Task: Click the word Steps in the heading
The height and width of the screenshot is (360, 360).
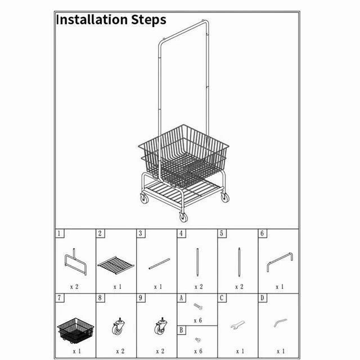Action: (x=148, y=19)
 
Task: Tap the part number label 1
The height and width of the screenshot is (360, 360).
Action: (x=59, y=233)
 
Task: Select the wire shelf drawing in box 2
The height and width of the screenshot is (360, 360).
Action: (x=116, y=265)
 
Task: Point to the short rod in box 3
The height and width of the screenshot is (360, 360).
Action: (x=159, y=264)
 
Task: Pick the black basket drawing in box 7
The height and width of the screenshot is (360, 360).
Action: (x=75, y=330)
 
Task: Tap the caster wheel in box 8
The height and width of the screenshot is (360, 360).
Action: (x=118, y=326)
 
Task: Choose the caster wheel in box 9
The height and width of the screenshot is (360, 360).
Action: (x=160, y=326)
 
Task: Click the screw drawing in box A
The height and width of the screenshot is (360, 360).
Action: (x=198, y=307)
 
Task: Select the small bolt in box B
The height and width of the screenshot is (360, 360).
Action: (x=197, y=340)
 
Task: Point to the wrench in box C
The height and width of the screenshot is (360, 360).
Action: (x=237, y=325)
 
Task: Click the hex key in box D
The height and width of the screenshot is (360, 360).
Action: (x=280, y=322)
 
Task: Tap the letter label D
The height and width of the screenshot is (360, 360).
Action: (x=263, y=298)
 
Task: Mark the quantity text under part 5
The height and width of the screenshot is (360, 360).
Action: (x=239, y=286)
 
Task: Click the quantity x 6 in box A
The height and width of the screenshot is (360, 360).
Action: (x=197, y=320)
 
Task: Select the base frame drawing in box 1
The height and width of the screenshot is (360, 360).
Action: (x=75, y=262)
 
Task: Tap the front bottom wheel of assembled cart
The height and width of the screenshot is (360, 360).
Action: (x=183, y=217)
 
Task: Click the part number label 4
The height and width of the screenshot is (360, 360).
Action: (x=181, y=233)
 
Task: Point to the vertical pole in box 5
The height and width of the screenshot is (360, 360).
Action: (x=239, y=262)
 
